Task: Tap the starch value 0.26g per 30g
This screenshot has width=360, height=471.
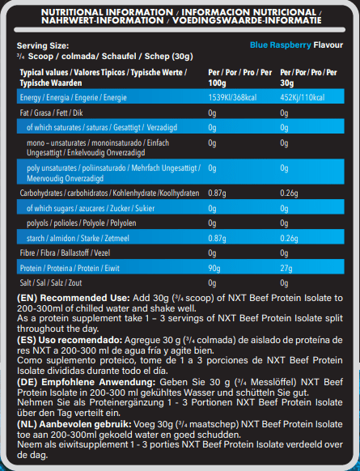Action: click(x=289, y=238)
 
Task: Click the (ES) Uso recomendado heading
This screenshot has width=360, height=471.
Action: click(x=66, y=342)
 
